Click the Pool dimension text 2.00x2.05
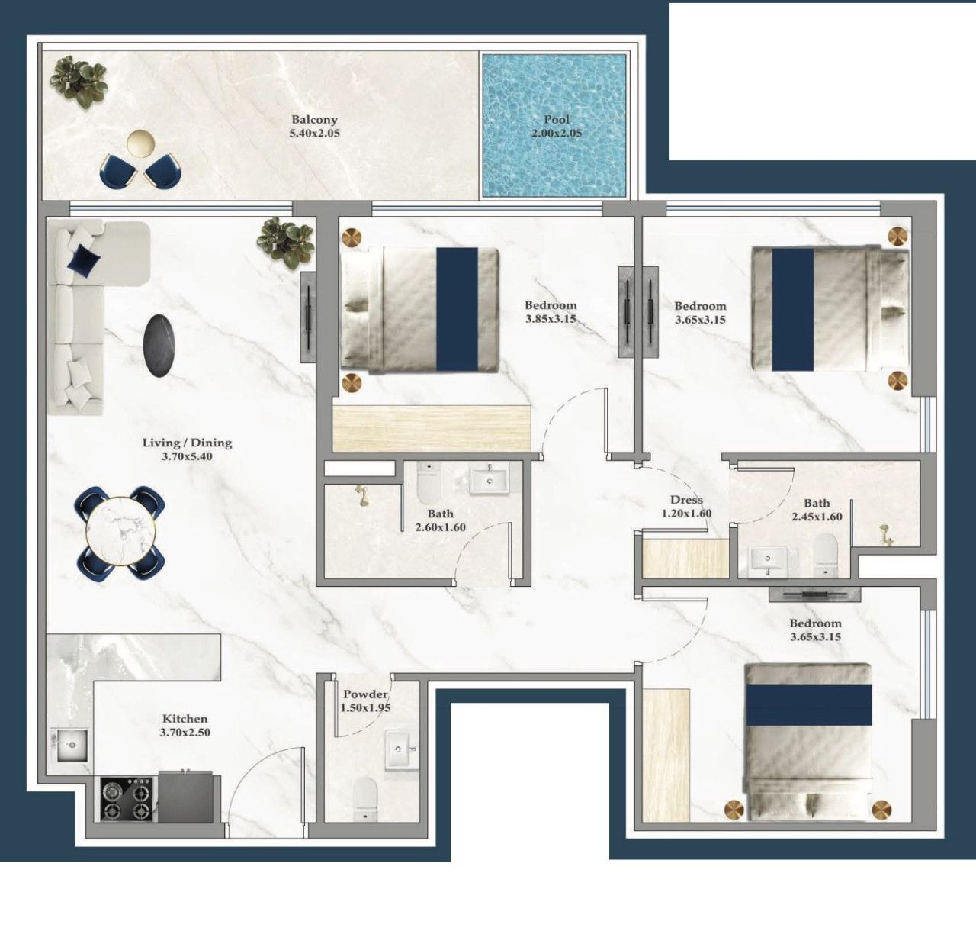(557, 134)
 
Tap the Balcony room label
(314, 120)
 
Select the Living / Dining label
(187, 443)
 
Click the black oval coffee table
(162, 345)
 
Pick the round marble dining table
(120, 531)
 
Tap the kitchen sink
(71, 745)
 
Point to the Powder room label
(365, 694)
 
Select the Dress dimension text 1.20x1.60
(686, 514)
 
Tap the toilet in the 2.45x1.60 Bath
(824, 552)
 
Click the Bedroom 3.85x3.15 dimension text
(551, 320)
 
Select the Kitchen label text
(185, 719)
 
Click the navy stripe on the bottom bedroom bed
(808, 704)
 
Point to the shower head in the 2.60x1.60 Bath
(360, 497)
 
